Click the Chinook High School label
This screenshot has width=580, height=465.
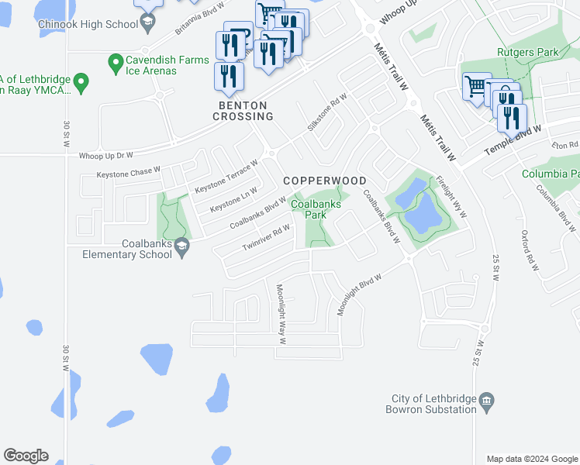(x=88, y=25)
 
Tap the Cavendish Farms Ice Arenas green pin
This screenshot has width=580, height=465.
(x=116, y=60)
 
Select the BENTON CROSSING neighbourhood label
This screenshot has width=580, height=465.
(x=243, y=111)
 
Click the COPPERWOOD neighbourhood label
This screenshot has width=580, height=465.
(x=324, y=181)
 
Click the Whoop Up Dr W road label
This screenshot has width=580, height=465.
(x=106, y=156)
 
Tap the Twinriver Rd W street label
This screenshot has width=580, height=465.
(x=266, y=236)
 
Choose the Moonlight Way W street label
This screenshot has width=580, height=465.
(x=281, y=314)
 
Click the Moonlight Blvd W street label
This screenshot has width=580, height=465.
(x=360, y=294)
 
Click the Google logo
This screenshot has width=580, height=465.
(x=26, y=456)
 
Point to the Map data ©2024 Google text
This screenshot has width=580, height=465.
(x=532, y=459)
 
